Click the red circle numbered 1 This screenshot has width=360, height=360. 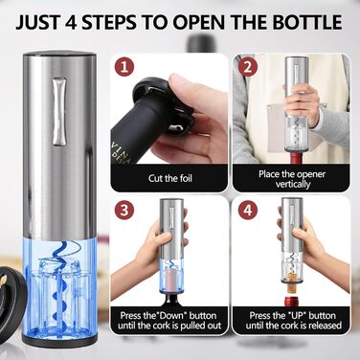124,67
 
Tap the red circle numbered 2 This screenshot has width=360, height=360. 248,68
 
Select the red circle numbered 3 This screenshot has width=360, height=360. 124,211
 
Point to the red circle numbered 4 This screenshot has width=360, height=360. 248,211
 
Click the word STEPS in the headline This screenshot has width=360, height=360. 108,21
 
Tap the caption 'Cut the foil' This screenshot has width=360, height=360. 170,178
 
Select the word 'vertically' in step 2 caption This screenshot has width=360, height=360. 293,184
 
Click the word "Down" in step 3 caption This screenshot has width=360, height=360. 170,316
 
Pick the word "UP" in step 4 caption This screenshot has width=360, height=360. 293,316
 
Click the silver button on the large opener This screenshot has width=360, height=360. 59,111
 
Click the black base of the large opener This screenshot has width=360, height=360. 59,341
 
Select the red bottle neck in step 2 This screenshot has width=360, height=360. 294,158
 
